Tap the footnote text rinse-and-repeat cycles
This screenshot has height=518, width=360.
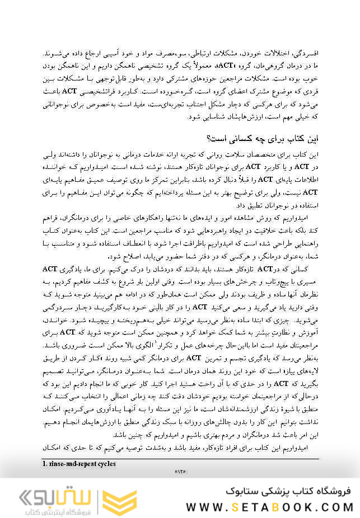tap(79, 463)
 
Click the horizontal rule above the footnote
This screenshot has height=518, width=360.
tap(180, 458)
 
